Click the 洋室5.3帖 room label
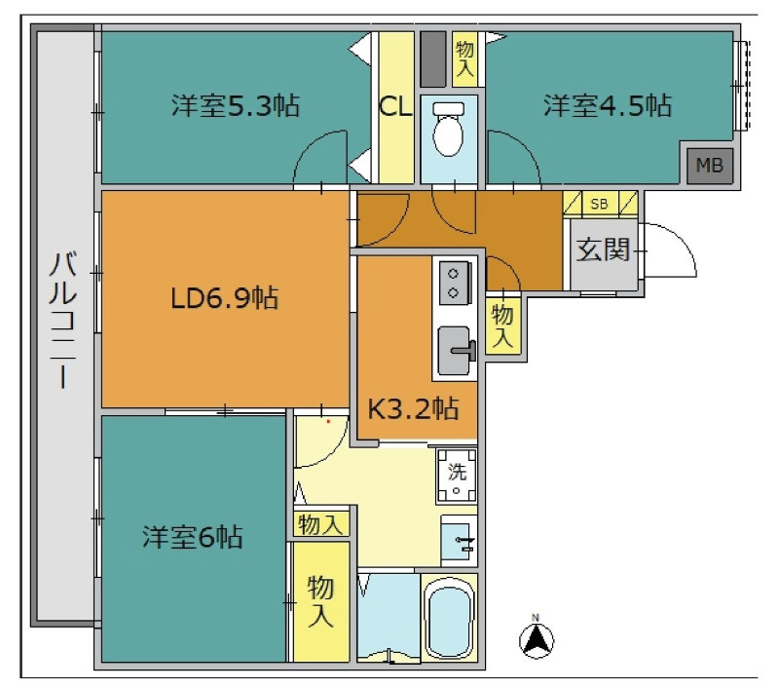pyautogui.click(x=236, y=105)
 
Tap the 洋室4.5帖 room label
pyautogui.click(x=607, y=105)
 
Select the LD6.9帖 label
pyautogui.click(x=225, y=298)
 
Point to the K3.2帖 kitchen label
pyautogui.click(x=413, y=408)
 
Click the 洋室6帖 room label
pyautogui.click(x=192, y=537)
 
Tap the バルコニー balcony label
pyautogui.click(x=63, y=320)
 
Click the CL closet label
pyautogui.click(x=395, y=106)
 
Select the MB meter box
pyautogui.click(x=710, y=165)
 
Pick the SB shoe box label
pyautogui.click(x=599, y=204)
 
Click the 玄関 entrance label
pyautogui.click(x=603, y=249)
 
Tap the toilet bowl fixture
pyautogui.click(x=449, y=130)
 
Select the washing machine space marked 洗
pyautogui.click(x=457, y=476)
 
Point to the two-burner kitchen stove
pyautogui.click(x=454, y=282)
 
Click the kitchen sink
pyautogui.click(x=454, y=350)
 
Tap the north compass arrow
pyautogui.click(x=537, y=639)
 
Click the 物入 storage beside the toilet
pyautogui.click(x=465, y=58)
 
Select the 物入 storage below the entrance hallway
pyautogui.click(x=502, y=325)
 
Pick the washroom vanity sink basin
pyautogui.click(x=457, y=541)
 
